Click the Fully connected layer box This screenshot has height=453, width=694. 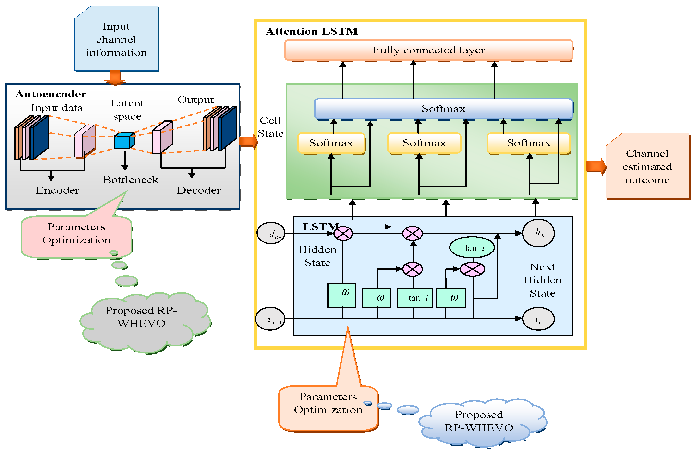point(429,50)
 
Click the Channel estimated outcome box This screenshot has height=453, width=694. point(647,166)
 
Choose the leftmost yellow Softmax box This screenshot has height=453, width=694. point(331,143)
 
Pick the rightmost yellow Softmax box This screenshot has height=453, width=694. point(529,143)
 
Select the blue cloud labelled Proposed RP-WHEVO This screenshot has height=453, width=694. point(479,421)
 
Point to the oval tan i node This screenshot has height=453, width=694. point(472,248)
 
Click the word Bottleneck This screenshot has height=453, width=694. point(130,180)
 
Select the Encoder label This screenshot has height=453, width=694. point(58,190)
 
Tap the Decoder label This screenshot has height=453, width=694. point(199,190)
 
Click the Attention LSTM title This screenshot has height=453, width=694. point(312,31)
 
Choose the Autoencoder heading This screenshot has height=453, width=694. point(51,94)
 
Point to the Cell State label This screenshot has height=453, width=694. point(271,127)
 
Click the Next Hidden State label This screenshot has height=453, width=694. point(542,280)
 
